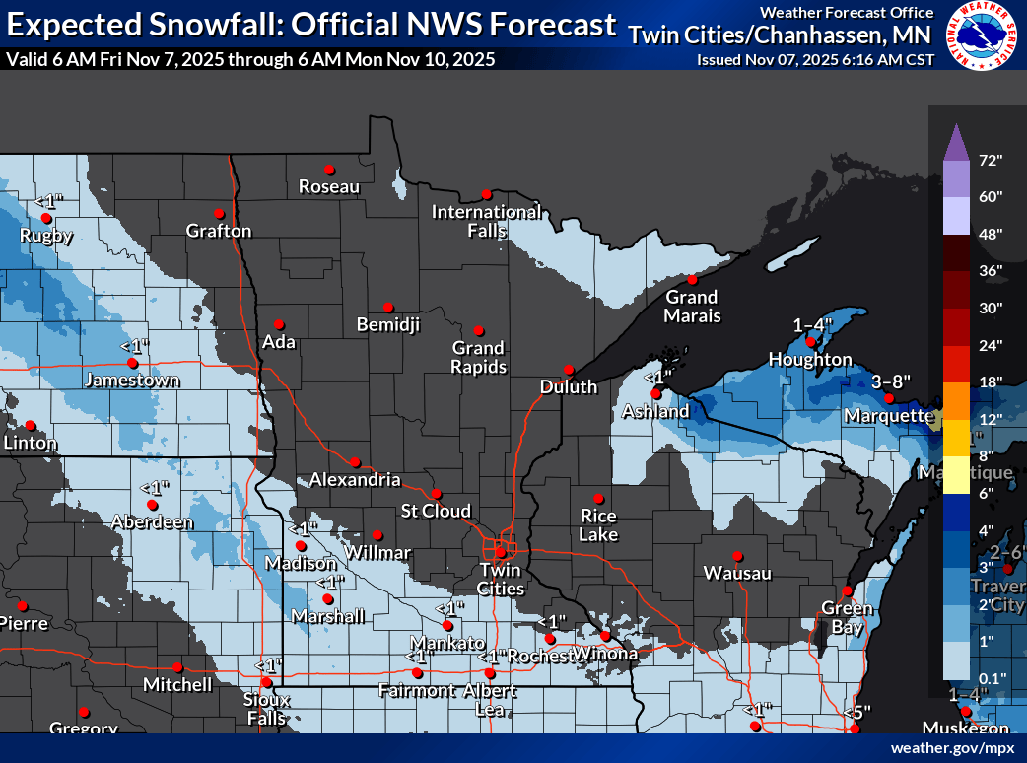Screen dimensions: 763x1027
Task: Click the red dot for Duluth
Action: coord(568,370)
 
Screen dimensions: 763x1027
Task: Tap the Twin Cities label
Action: coord(500,579)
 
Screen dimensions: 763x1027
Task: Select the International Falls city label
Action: coord(486,221)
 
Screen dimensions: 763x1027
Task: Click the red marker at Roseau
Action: coord(329,169)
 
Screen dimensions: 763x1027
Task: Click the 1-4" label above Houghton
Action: coord(813,324)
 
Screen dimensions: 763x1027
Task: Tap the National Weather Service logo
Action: coord(982,36)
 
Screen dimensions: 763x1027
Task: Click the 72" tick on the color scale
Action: coord(991,160)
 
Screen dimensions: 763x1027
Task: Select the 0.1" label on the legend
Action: coord(991,677)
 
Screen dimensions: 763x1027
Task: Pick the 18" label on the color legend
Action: coord(991,381)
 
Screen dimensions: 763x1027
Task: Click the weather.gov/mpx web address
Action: coord(952,748)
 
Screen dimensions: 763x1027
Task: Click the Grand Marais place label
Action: coord(691,307)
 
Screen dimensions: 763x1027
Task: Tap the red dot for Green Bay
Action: coord(846,591)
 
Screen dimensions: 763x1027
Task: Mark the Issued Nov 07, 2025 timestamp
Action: coord(815,59)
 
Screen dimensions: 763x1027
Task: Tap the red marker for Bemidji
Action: coord(388,307)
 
